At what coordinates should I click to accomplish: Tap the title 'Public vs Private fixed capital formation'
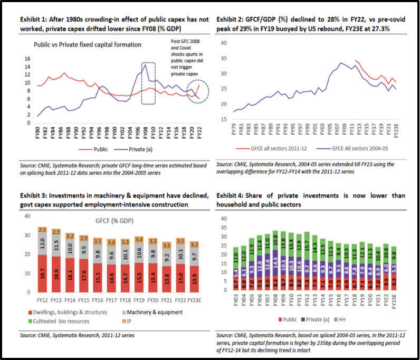tap(88, 45)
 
